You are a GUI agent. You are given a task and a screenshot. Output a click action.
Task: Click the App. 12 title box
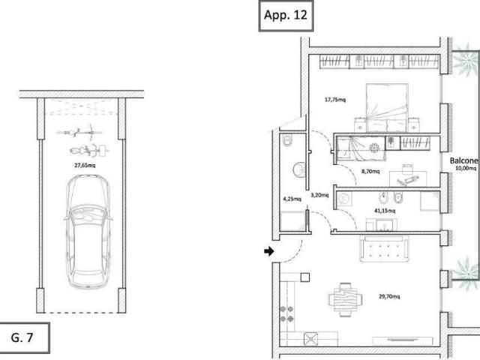[286, 16]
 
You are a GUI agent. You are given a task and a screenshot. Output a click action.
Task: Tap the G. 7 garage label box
[25, 337]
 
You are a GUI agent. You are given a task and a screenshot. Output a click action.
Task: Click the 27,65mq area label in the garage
[85, 165]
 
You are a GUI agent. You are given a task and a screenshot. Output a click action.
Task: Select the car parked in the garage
[88, 232]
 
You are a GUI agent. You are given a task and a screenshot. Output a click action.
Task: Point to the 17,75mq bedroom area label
[335, 100]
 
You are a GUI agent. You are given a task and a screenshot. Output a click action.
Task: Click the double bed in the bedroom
[387, 108]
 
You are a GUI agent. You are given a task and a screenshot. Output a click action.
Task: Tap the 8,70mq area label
[370, 171]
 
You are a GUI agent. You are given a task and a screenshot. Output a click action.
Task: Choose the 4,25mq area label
[292, 199]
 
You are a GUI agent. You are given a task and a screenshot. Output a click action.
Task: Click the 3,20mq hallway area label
[319, 195]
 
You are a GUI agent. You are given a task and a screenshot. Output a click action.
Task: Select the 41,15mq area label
[385, 211]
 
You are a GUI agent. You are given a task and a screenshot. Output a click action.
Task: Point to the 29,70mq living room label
[389, 296]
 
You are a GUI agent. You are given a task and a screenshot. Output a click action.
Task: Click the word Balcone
[463, 160]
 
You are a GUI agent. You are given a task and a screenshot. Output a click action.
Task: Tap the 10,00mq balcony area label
[466, 168]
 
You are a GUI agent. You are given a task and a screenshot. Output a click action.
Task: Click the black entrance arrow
[269, 251]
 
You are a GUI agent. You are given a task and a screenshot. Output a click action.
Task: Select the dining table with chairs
[345, 299]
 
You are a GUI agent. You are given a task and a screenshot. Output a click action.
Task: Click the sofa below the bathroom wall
[385, 248]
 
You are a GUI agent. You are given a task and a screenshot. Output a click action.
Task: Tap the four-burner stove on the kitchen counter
[286, 313]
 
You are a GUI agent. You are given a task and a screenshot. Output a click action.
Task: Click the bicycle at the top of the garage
[79, 132]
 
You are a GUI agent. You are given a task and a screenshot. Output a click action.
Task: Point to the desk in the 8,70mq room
[408, 178]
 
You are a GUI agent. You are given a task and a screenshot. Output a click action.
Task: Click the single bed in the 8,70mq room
[361, 148]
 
